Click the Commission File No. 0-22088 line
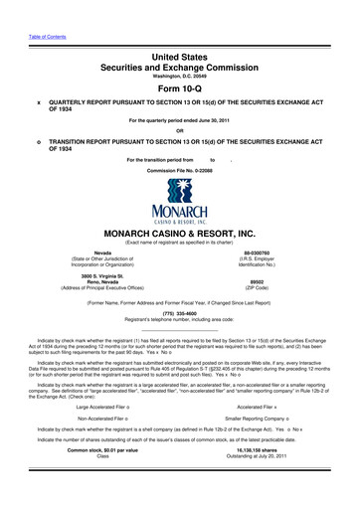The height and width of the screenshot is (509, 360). point(179,170)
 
